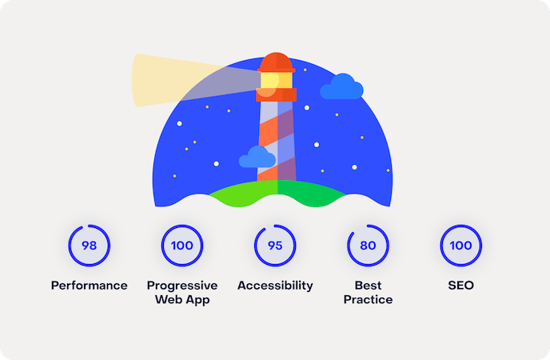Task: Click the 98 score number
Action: [x=89, y=246]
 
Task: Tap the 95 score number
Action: [x=275, y=246]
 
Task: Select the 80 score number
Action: [x=368, y=246]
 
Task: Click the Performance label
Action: [x=89, y=286]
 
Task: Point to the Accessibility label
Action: [x=275, y=286]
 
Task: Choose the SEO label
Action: [x=461, y=286]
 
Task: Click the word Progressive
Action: [x=182, y=286]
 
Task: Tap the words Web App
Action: [x=182, y=300]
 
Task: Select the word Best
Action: [x=368, y=286]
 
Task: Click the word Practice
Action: [x=368, y=300]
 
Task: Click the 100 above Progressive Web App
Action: [x=182, y=246]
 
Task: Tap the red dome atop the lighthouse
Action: [x=277, y=62]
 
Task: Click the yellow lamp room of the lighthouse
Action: [x=277, y=80]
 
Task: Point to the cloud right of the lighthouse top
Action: [x=341, y=86]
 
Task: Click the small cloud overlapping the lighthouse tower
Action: [x=257, y=157]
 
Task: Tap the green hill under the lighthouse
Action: [x=277, y=193]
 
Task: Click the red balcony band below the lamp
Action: [x=277, y=94]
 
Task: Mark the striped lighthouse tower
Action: [x=277, y=141]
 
